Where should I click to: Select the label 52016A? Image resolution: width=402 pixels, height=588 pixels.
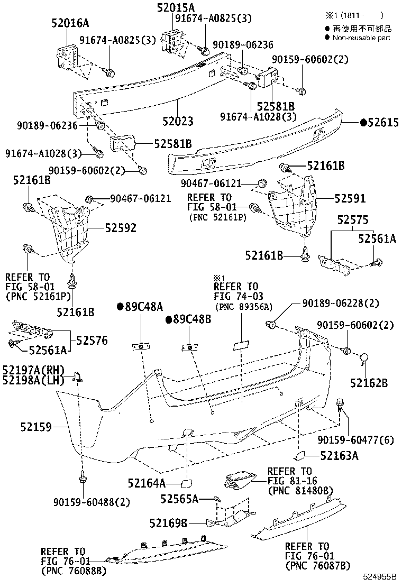coord(70,23)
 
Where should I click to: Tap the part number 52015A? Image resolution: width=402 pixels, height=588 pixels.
coord(176,7)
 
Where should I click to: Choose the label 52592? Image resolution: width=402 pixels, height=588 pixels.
coord(120,228)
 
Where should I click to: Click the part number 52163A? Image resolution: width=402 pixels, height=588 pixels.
coord(339,455)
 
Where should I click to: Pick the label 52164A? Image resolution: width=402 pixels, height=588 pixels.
coord(147,483)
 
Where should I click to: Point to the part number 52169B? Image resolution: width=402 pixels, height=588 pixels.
coord(168,523)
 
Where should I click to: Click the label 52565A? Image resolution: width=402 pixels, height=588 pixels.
coord(179,499)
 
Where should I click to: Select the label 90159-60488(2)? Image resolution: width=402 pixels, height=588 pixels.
coord(91,502)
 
